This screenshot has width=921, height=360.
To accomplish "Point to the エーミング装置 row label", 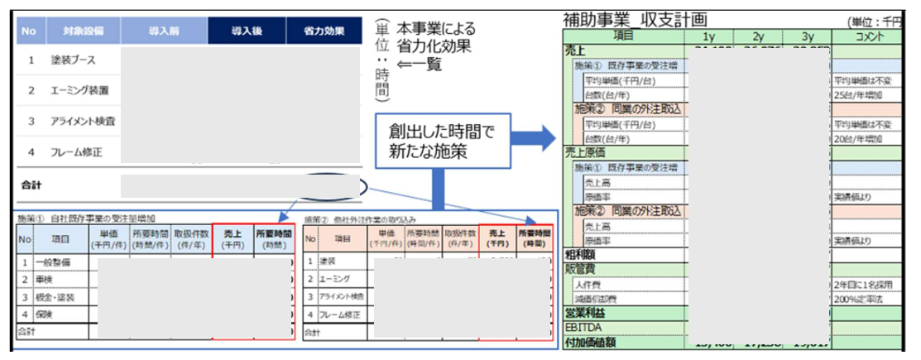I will [80, 90].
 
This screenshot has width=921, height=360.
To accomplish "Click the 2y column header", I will [758, 36].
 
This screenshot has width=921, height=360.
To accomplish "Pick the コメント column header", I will [872, 36].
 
